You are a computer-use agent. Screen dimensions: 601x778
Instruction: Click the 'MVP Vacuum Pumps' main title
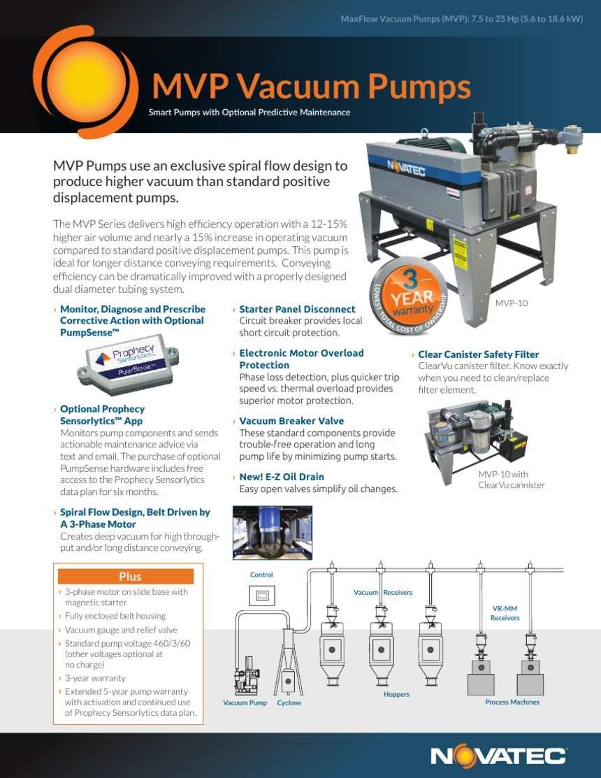tap(312, 87)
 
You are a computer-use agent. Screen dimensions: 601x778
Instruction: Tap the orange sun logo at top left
tap(85, 82)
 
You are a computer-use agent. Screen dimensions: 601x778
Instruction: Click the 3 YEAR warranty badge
tap(408, 296)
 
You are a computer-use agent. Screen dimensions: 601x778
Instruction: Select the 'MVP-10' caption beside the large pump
tap(512, 303)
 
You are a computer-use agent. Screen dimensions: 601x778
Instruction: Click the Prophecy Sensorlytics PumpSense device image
tap(128, 364)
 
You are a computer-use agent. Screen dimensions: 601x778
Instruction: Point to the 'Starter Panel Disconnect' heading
tap(297, 309)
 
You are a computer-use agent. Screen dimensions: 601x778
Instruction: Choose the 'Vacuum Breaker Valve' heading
tap(291, 421)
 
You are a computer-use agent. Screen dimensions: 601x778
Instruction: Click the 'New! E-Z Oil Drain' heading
tap(282, 477)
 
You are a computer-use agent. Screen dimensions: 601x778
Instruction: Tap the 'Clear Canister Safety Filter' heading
tap(479, 354)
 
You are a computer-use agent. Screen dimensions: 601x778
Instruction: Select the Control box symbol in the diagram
tap(261, 595)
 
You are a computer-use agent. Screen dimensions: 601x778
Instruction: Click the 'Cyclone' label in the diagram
tap(289, 703)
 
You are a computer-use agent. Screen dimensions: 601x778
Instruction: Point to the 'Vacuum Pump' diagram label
tap(245, 703)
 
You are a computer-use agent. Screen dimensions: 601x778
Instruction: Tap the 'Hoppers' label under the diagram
tap(396, 694)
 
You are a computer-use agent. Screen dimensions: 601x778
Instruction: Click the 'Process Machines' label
tap(512, 702)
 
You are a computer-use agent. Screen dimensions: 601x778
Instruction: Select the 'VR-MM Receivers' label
tap(505, 613)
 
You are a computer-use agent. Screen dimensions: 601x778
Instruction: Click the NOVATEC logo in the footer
tap(498, 756)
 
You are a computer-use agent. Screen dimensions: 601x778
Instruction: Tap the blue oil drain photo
tap(273, 533)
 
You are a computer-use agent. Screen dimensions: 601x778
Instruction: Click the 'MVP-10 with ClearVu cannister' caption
tap(512, 480)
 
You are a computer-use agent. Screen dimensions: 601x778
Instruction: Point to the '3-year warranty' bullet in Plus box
tap(95, 678)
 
